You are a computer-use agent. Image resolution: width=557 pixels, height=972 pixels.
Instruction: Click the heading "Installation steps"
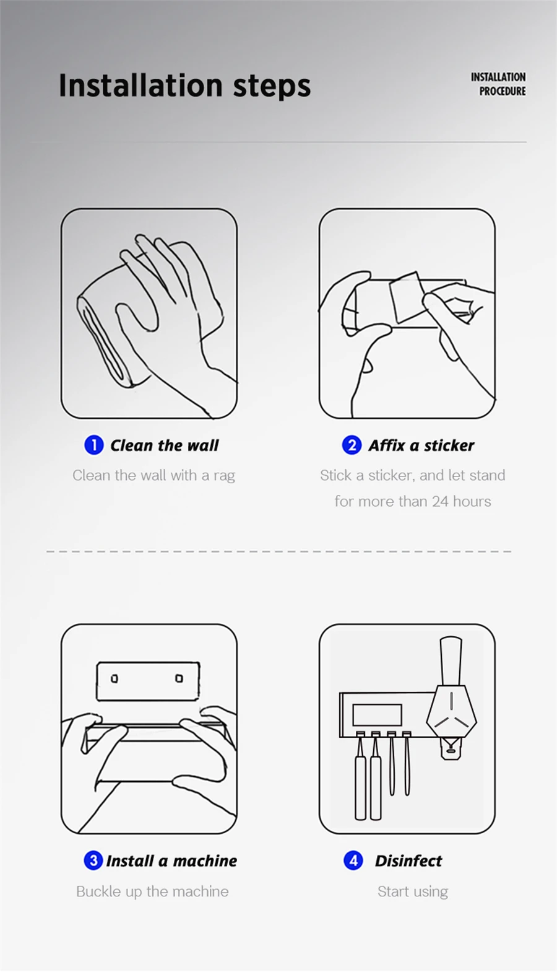tap(184, 85)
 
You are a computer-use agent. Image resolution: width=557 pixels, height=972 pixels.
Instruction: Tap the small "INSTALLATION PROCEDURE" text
tap(498, 84)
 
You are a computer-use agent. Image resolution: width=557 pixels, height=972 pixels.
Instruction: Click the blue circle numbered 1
tap(93, 445)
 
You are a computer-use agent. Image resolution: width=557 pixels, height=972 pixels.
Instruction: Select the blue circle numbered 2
tap(352, 445)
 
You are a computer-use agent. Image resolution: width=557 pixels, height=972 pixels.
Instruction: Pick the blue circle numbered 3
tap(93, 860)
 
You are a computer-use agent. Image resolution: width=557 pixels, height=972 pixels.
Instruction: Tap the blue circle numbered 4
tap(353, 860)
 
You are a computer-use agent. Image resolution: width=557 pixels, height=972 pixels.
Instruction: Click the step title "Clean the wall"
tap(164, 445)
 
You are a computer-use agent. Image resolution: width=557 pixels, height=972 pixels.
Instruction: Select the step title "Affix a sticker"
tap(421, 445)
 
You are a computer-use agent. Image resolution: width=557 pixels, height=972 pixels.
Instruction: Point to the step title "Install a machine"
tap(171, 861)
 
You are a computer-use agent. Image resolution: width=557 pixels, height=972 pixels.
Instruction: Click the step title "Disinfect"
tap(408, 861)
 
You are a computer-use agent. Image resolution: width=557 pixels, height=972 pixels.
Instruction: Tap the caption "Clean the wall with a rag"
tap(154, 476)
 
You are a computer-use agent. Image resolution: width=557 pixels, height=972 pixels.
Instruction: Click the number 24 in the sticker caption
tap(440, 502)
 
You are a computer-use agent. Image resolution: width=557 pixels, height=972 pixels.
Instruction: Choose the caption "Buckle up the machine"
tap(152, 891)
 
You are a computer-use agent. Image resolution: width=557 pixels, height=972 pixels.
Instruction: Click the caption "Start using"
tap(413, 891)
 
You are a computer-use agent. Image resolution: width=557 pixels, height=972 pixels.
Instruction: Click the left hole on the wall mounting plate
tap(114, 678)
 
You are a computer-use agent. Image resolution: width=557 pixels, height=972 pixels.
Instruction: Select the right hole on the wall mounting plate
tap(179, 678)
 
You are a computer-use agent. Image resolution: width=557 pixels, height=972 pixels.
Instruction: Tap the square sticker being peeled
tap(407, 297)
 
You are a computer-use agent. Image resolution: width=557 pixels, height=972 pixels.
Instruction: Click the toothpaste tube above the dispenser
tap(451, 661)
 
